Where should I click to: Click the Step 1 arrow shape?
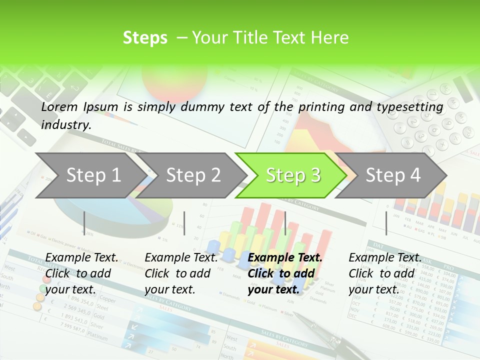tap(90, 175)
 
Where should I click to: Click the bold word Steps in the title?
tap(145, 38)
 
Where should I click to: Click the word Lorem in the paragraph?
tap(59, 106)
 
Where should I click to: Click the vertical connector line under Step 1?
tap(84, 223)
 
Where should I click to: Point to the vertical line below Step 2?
tap(184, 223)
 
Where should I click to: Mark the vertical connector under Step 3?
tap(285, 223)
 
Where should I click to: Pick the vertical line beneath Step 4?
tap(386, 223)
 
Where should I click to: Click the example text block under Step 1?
tap(81, 273)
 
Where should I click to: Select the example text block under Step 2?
tap(180, 273)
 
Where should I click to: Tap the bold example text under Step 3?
tap(284, 273)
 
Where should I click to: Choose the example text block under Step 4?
tap(384, 273)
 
